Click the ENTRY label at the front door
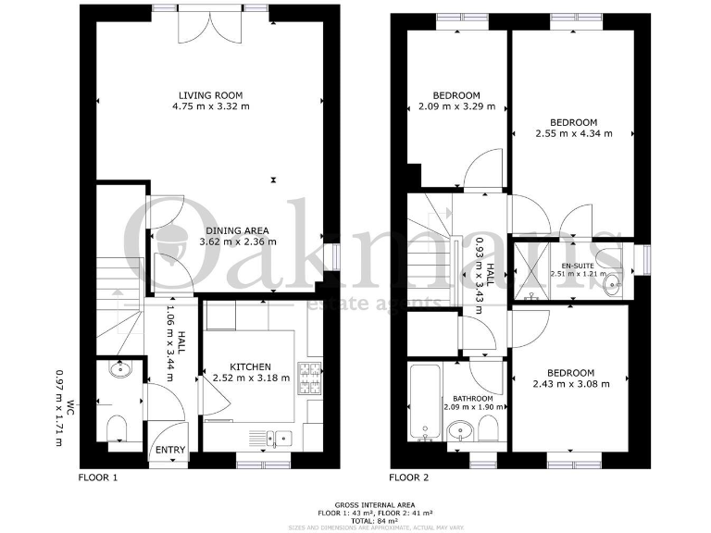coord(169,451)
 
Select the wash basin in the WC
coord(118,371)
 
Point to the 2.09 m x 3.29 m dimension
coord(456,107)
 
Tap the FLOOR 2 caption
coord(409,478)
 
